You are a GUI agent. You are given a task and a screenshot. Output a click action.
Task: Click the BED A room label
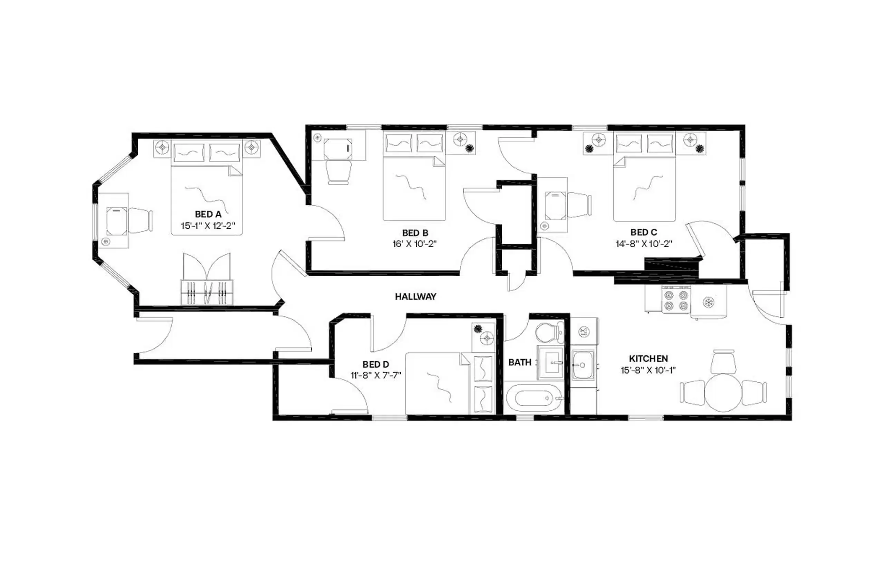coord(208,214)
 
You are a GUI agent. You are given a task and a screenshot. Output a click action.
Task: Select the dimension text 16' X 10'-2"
coord(414,244)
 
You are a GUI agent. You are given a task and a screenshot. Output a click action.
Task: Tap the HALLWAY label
coord(415,296)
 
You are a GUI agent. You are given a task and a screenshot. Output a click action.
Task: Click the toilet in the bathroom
coord(549,332)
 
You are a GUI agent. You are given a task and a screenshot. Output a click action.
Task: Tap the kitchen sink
coord(582,365)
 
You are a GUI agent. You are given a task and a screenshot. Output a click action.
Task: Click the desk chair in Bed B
coord(338,172)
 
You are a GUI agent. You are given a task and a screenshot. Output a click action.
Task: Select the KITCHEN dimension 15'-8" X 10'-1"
coord(648,370)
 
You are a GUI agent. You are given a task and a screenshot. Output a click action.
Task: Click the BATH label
coord(519,362)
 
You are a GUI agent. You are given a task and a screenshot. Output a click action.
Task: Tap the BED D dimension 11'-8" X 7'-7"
coord(376,375)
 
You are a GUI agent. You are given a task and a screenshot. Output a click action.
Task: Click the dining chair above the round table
coord(723,362)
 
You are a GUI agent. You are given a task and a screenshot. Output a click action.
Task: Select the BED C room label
coord(643,232)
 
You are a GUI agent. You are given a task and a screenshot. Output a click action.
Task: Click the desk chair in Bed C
coord(579,205)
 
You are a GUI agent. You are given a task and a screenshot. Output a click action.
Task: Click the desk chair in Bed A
coord(140,221)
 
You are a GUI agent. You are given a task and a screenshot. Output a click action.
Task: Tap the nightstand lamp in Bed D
coord(486,339)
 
